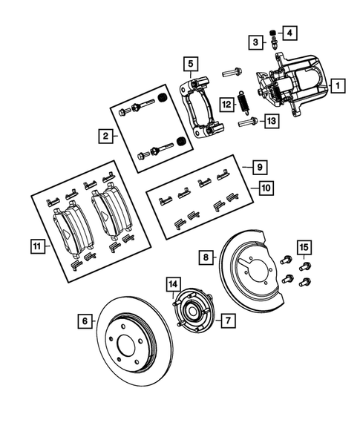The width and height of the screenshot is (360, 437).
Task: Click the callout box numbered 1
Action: click(337, 85)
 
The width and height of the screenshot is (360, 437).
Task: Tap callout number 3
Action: click(255, 42)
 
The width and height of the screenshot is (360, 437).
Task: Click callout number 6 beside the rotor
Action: click(86, 321)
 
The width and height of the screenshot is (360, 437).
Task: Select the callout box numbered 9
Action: click(259, 167)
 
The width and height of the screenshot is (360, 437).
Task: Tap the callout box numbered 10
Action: click(265, 188)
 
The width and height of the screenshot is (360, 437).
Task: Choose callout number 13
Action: click(272, 121)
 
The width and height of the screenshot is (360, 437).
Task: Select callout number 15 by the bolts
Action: click(304, 246)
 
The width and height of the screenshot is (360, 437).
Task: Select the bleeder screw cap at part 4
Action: click(272, 31)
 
